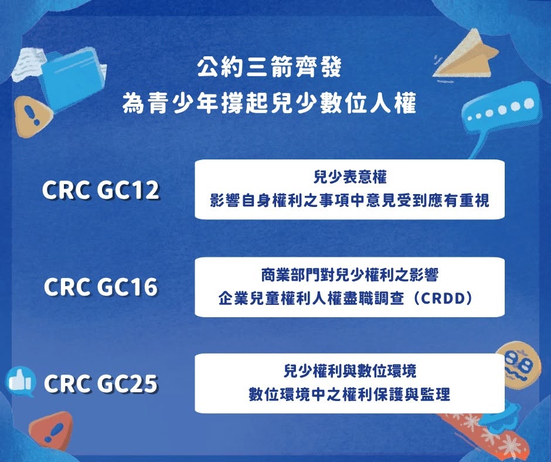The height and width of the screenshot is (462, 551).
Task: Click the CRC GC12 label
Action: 100,190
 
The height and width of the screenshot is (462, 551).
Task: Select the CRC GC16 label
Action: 100,287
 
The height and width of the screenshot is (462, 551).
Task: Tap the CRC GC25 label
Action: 100,383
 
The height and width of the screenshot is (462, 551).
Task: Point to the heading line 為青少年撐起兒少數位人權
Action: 269,103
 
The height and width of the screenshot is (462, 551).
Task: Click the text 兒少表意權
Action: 349,177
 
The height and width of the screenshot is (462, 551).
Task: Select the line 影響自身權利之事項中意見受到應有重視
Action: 349,201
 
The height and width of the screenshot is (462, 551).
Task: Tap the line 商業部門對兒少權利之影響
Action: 349,274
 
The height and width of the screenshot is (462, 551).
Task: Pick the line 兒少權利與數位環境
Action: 349,371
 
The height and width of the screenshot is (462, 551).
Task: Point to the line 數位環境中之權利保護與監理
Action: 349,395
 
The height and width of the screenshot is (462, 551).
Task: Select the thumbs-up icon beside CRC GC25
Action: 21,382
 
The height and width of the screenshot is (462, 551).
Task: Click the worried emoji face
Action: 519,362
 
